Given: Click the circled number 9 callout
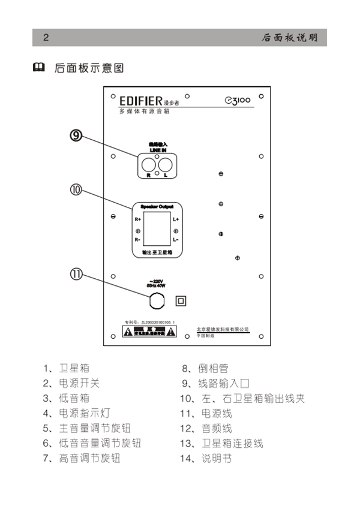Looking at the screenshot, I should (x=76, y=135).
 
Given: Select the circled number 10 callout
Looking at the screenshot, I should (x=76, y=190).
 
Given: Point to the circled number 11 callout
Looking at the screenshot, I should (x=76, y=274).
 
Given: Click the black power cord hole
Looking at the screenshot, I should (x=157, y=299).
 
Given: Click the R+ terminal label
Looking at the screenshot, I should (x=138, y=220).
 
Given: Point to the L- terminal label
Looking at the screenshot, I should (x=176, y=240).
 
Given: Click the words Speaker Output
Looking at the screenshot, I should (x=157, y=206).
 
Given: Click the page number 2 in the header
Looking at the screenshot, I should (x=45, y=37).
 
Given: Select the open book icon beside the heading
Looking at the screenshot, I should (x=39, y=68).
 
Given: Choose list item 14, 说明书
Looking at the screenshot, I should (x=208, y=459).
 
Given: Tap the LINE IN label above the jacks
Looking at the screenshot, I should (x=157, y=149).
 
